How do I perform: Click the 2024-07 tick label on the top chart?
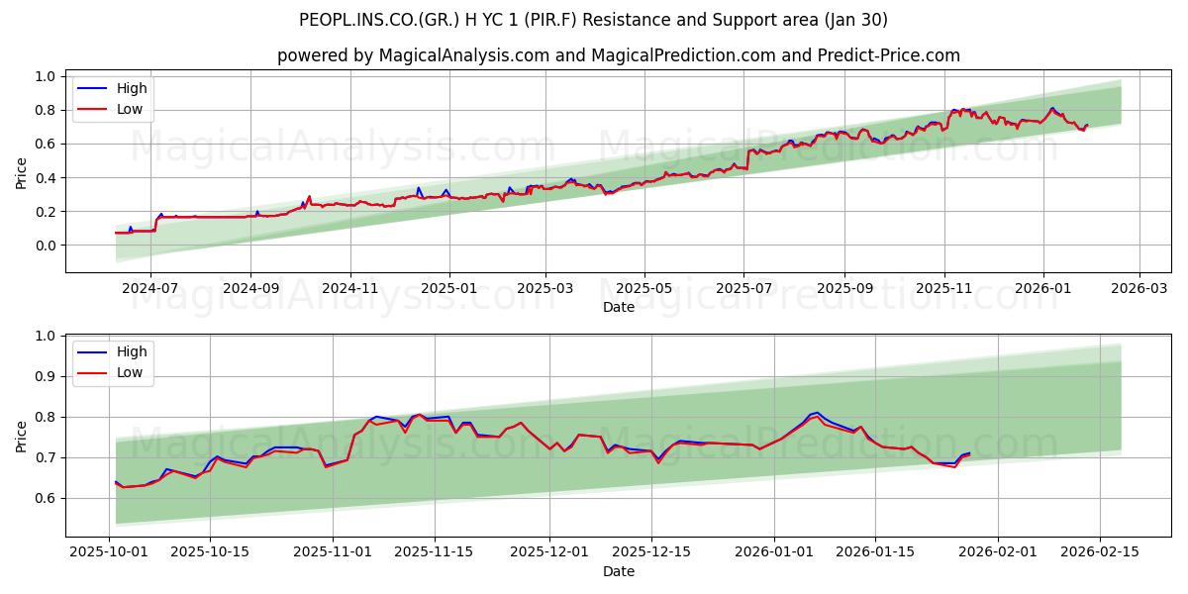pos(150,288)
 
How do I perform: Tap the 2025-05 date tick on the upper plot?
pos(644,288)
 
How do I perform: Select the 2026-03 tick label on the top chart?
pos(1138,288)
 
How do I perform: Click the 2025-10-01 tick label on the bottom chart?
pos(108,552)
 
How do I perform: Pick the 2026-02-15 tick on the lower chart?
pos(1100,552)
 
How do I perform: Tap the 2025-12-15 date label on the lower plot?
pos(650,552)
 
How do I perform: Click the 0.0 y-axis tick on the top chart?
pos(44,246)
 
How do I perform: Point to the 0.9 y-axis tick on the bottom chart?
pos(44,376)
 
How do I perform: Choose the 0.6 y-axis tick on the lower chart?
pos(44,498)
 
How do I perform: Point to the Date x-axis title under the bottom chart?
pos(619,571)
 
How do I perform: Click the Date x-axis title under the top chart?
pos(619,307)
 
